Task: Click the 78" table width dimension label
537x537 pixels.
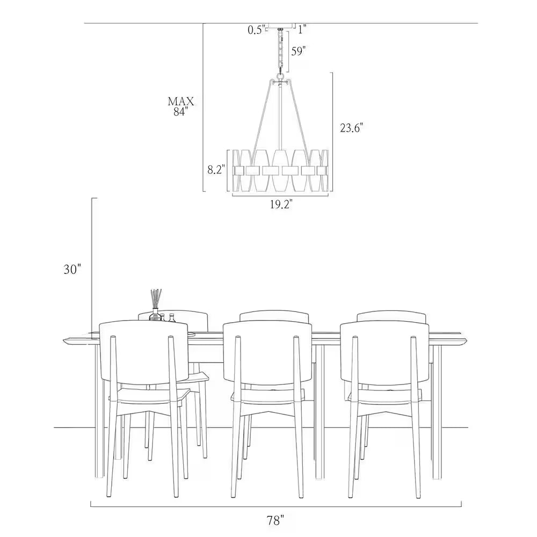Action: coord(275,521)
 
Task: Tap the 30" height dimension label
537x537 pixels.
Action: coord(72,270)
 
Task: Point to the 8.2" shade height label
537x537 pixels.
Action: coord(216,170)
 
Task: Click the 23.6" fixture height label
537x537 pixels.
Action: coord(351,128)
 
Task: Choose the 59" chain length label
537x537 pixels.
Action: coord(297,52)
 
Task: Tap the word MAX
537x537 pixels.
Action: coord(181,101)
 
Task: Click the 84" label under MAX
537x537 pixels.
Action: coord(180,112)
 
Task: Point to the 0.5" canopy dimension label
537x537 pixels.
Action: coord(257,30)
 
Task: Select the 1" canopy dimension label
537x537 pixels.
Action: coord(301,30)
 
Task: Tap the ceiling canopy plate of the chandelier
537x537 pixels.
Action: coord(281,25)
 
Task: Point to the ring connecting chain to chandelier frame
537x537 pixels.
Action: coord(281,76)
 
